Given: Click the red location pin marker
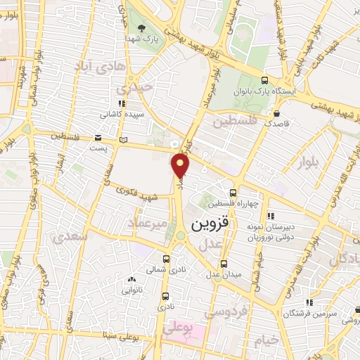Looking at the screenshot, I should tap(181, 166).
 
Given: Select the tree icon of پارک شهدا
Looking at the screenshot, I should tap(143, 29).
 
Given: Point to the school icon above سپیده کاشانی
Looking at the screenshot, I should tap(122, 103).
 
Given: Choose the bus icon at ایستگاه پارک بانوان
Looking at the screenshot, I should tap(264, 80).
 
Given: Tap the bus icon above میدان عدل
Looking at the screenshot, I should tap(224, 264).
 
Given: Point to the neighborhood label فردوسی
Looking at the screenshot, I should tap(225, 309).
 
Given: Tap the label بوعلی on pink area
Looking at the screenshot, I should tap(179, 328).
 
